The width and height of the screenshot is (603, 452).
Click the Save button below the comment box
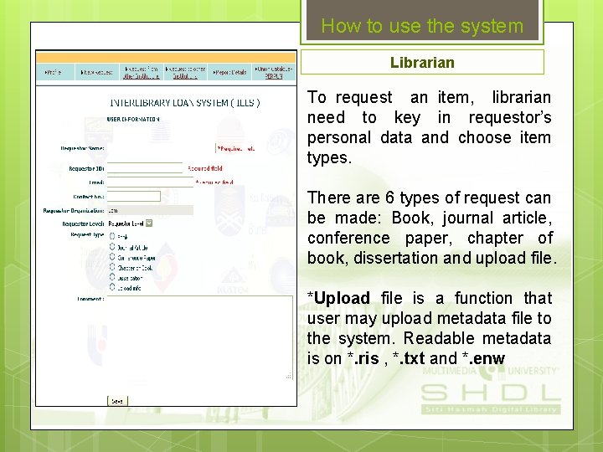tap(117, 401)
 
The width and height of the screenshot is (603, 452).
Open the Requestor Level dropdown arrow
tap(149, 223)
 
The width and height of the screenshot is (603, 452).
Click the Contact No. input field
tap(134, 197)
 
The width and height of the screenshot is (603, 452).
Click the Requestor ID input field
tap(145, 168)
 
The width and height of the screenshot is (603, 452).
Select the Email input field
tap(145, 182)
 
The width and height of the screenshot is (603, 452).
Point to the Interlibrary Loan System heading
tap(185, 103)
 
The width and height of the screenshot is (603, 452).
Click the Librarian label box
tap(422, 63)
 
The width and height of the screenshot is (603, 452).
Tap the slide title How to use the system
tap(422, 26)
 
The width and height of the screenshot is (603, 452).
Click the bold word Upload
tap(342, 299)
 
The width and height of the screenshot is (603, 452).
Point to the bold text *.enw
tap(483, 359)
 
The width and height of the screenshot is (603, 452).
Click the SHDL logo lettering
tap(490, 393)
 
